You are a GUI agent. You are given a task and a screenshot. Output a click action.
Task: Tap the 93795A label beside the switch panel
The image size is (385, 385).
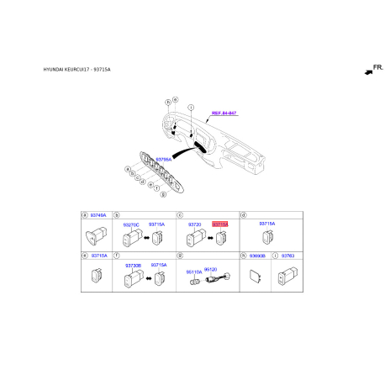coord(164,158)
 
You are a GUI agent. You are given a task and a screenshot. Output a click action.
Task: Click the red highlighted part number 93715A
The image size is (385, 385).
coord(220,224)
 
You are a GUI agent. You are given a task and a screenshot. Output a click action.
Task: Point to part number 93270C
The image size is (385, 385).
coord(134,224)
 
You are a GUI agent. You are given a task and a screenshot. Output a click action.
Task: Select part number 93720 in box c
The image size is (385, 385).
coord(194,224)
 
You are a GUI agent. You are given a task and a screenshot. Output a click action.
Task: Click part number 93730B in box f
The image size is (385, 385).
coord(133,265)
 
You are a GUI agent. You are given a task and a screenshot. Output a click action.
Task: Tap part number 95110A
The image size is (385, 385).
coord(194,272)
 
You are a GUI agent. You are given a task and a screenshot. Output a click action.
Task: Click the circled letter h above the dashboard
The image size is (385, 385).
coord(168,103)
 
